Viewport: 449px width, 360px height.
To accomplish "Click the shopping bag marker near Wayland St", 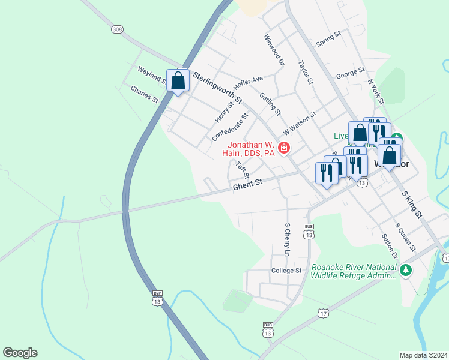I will (178, 81).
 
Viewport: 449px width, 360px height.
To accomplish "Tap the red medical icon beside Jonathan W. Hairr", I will (283, 148).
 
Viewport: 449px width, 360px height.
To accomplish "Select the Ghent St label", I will (248, 187).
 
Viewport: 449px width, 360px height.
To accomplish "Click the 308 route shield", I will (117, 29).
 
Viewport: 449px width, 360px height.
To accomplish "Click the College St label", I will (286, 271).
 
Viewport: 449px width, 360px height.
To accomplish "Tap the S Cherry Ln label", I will (287, 240).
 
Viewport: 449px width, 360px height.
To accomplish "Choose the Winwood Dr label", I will (273, 50).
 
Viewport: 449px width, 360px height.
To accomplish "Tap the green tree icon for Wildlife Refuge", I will (406, 270).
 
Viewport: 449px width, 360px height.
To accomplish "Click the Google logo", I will (20, 353).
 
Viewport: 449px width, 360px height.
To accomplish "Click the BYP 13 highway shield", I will (157, 298).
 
